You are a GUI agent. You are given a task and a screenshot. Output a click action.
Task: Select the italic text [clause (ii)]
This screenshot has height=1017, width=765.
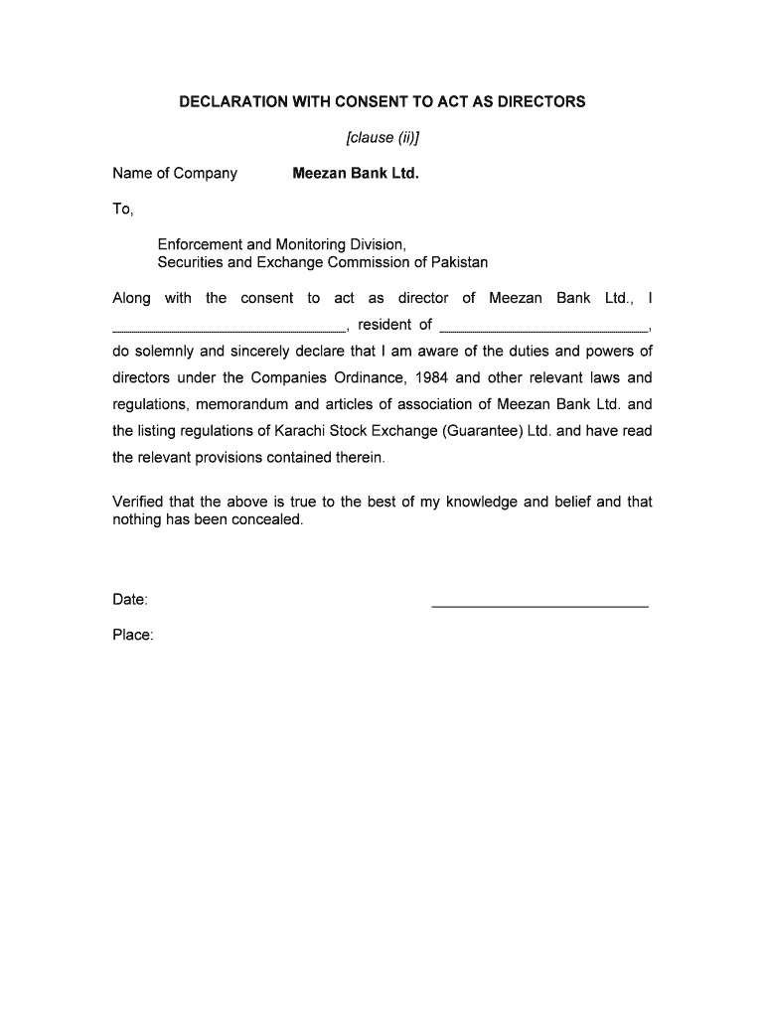pos(382,136)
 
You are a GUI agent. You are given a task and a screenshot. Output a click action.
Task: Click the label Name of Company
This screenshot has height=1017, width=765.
pos(175,174)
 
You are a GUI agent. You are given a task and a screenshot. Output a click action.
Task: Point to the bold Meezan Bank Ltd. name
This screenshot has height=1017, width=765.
pos(356,174)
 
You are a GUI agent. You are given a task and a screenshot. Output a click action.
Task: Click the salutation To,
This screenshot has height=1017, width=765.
pos(122,209)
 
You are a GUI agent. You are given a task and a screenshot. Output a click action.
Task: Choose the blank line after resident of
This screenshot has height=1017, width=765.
pos(542,327)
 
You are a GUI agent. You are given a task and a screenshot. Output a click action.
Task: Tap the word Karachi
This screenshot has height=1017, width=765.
pos(287,431)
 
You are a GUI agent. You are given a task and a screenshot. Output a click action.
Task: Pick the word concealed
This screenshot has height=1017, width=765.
pos(267,519)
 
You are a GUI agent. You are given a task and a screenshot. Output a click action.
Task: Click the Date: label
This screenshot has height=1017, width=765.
pos(131,599)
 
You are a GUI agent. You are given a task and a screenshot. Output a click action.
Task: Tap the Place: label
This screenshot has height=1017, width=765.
pos(133,635)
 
